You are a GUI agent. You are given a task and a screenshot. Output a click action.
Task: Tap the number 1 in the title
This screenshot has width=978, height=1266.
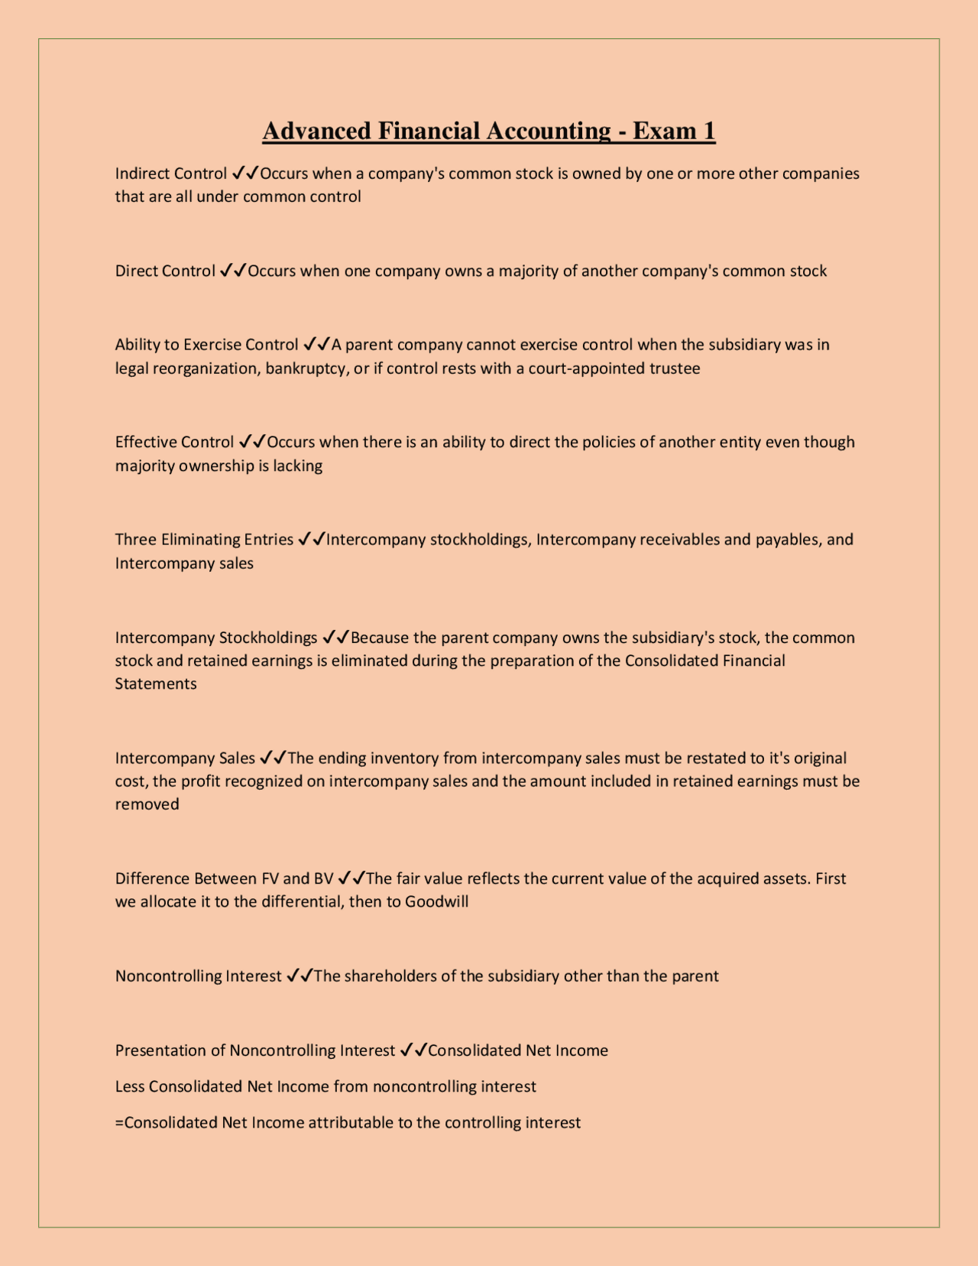[708, 131]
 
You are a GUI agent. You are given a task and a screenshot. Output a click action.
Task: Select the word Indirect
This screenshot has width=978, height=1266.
[142, 174]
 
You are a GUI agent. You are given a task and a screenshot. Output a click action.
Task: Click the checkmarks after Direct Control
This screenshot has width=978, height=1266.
[232, 271]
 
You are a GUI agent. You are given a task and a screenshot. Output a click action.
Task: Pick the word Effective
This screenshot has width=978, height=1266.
[144, 442]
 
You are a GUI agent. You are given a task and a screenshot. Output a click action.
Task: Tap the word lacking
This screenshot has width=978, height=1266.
[298, 466]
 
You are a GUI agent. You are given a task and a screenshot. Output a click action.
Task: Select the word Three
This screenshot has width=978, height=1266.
[136, 540]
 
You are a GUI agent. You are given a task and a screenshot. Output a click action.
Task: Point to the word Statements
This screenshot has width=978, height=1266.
[156, 683]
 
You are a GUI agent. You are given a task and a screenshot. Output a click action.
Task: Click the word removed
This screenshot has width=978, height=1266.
[147, 804]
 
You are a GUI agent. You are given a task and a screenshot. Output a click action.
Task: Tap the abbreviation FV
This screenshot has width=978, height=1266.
[270, 878]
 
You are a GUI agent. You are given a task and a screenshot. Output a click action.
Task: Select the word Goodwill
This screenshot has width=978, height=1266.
[436, 901]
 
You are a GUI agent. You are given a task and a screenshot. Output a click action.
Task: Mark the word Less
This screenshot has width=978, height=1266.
[130, 1086]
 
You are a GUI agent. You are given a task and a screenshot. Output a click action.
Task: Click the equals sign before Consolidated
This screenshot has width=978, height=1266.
[119, 1122]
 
